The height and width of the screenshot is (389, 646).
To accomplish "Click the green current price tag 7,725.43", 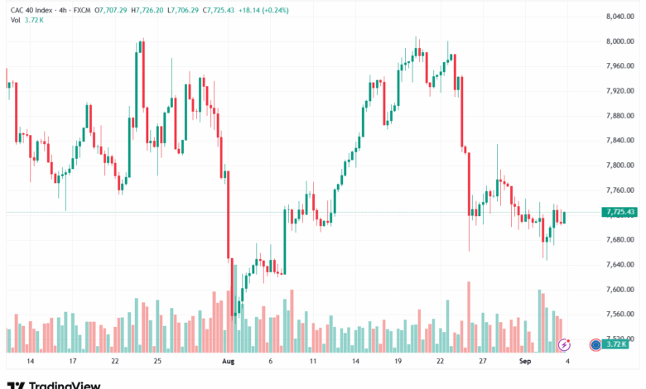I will pyautogui.click(x=620, y=213).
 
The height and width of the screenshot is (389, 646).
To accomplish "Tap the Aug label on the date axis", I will pyautogui.click(x=229, y=362).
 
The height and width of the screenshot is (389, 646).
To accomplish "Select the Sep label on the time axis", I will pyautogui.click(x=525, y=362).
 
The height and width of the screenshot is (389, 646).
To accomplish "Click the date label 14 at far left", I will pyautogui.click(x=31, y=362).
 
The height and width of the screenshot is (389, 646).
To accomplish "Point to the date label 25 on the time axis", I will pyautogui.click(x=157, y=362).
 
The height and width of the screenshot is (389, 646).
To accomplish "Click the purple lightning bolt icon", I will pyautogui.click(x=566, y=344).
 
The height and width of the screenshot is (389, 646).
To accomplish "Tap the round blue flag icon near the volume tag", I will pyautogui.click(x=595, y=344).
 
